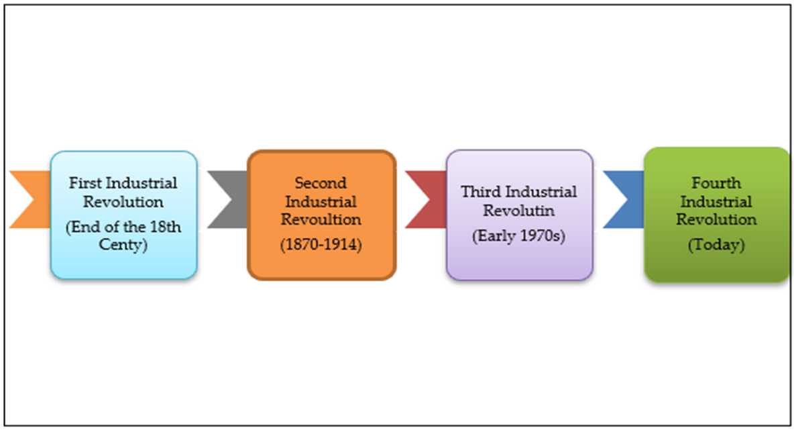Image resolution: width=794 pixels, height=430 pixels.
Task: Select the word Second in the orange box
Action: point(321,182)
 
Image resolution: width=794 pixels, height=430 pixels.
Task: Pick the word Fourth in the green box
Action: point(716,182)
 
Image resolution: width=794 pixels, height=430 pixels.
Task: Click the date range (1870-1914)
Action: point(321,245)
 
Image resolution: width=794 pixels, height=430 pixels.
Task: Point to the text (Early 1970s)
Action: point(519,235)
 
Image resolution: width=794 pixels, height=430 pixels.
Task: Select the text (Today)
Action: point(716,245)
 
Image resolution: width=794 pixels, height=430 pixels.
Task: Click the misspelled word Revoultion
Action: point(321,219)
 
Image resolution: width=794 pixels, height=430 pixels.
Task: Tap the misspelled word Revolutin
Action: point(519,211)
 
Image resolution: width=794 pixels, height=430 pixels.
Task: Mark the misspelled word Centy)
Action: point(123,245)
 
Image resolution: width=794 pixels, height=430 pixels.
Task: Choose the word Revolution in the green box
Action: point(716,219)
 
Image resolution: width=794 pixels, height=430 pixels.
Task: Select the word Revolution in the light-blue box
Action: point(123,201)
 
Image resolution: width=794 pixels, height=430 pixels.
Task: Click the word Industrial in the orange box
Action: point(321,201)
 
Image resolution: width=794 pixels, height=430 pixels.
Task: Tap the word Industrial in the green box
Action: point(716,201)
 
